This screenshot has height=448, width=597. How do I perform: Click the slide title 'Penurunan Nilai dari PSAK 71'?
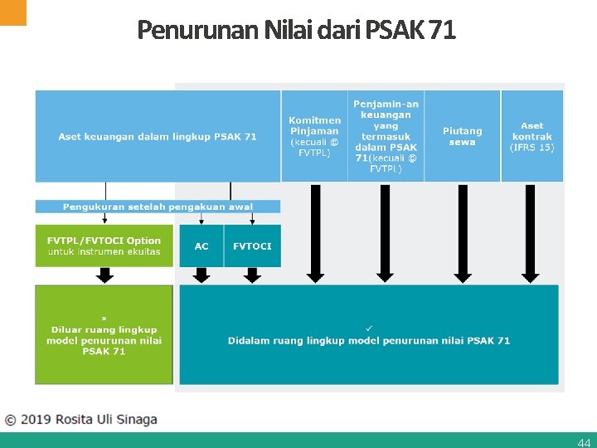click(296, 31)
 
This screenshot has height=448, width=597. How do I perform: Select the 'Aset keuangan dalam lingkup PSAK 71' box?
click(158, 136)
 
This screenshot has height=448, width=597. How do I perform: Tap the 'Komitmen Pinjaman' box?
click(314, 136)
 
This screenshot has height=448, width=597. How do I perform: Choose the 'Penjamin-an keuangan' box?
click(386, 136)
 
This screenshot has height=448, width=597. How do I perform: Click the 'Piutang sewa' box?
click(462, 136)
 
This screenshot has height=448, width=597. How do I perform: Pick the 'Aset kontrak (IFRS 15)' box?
click(532, 136)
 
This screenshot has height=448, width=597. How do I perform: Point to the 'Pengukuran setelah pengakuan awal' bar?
click(158, 207)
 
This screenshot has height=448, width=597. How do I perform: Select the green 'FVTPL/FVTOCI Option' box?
click(104, 246)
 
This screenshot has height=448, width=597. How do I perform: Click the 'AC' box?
click(201, 246)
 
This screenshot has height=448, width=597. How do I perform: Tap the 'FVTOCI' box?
click(252, 246)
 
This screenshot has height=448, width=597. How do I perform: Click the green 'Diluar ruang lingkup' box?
click(104, 334)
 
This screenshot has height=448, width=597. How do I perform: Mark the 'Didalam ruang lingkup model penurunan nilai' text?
click(369, 340)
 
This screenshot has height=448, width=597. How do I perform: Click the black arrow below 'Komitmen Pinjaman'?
click(315, 233)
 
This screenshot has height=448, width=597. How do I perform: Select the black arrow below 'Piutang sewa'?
click(462, 233)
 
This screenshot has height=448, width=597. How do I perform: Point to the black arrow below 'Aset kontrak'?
click(531, 233)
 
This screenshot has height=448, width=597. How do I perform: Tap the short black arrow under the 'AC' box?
click(201, 275)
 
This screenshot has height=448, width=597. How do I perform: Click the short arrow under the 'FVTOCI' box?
click(252, 275)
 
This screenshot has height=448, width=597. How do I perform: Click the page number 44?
click(584, 442)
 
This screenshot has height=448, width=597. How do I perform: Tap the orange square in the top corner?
click(13, 12)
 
